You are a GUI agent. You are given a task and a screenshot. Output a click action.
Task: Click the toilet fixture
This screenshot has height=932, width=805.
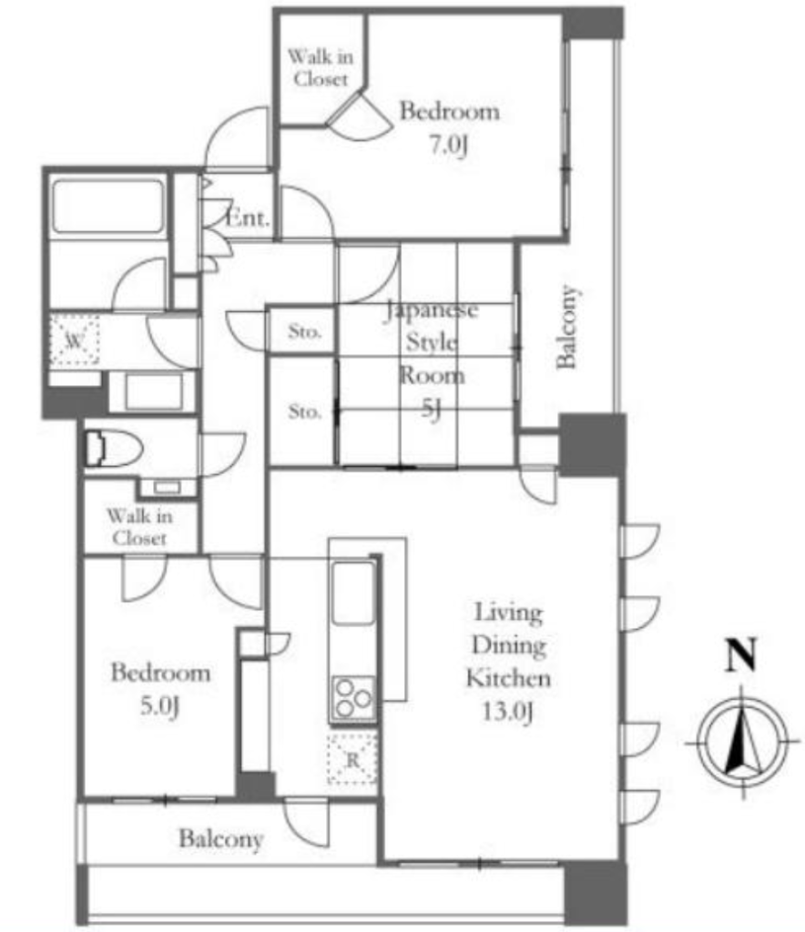(113, 448)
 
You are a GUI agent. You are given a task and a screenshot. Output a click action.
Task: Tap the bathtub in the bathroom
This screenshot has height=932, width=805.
(108, 207)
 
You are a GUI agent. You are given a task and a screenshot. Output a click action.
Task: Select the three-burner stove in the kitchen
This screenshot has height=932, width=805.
(353, 698)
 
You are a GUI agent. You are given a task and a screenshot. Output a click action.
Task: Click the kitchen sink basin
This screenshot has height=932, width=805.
(353, 593)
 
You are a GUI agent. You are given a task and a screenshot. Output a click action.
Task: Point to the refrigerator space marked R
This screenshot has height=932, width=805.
(352, 759)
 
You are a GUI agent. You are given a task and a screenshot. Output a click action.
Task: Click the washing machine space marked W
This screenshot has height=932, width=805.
(75, 340)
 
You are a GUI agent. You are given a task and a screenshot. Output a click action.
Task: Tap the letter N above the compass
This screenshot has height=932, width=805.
(740, 654)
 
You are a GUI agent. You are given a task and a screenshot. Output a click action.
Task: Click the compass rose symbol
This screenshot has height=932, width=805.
(742, 743)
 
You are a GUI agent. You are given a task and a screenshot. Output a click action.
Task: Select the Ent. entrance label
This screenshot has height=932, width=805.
(248, 218)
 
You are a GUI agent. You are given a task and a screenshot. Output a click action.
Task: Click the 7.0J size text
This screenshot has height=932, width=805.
(449, 145)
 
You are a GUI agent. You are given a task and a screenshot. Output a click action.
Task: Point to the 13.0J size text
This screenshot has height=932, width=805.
(507, 711)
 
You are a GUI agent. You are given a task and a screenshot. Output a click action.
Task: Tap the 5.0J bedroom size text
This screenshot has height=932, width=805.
(160, 706)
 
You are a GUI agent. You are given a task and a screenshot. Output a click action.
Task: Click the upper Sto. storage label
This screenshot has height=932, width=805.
(304, 331)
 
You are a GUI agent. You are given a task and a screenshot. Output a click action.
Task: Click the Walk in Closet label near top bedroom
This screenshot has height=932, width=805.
(321, 67)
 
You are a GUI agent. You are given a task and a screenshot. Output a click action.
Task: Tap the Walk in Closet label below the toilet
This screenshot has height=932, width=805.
(139, 527)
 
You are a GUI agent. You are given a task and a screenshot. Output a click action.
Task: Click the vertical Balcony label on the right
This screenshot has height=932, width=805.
(567, 328)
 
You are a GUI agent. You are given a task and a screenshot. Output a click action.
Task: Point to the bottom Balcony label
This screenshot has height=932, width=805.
(221, 838)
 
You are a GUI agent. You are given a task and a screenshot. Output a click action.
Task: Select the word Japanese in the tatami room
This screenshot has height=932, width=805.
(432, 310)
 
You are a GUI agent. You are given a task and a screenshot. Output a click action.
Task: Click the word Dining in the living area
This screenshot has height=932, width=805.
(509, 646)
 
